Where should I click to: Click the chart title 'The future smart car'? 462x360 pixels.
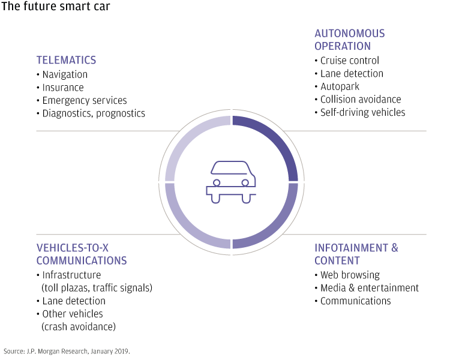click(x=55, y=6)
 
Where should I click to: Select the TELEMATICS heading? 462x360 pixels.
click(x=66, y=60)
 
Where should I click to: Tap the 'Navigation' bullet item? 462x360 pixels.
click(x=65, y=74)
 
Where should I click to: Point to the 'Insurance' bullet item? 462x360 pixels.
click(x=63, y=88)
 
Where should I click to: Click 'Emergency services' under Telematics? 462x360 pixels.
click(x=85, y=100)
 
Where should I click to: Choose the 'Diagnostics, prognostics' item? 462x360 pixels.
click(x=94, y=113)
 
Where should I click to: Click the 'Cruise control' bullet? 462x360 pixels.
click(x=349, y=61)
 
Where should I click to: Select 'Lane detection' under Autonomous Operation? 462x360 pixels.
click(x=352, y=73)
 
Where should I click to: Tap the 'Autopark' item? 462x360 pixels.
click(x=340, y=86)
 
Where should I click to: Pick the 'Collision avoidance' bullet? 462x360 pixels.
click(x=361, y=99)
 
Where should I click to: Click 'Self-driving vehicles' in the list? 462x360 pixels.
click(x=363, y=112)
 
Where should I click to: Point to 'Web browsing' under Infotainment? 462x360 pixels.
click(x=350, y=275)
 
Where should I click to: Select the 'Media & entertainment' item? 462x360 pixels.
click(x=370, y=288)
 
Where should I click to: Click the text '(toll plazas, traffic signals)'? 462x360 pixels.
click(x=97, y=288)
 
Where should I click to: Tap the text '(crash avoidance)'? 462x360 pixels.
click(x=79, y=327)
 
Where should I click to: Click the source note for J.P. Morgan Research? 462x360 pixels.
click(x=67, y=351)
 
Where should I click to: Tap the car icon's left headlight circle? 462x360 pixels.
click(x=217, y=182)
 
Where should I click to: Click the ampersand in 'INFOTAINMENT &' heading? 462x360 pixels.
click(x=395, y=248)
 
